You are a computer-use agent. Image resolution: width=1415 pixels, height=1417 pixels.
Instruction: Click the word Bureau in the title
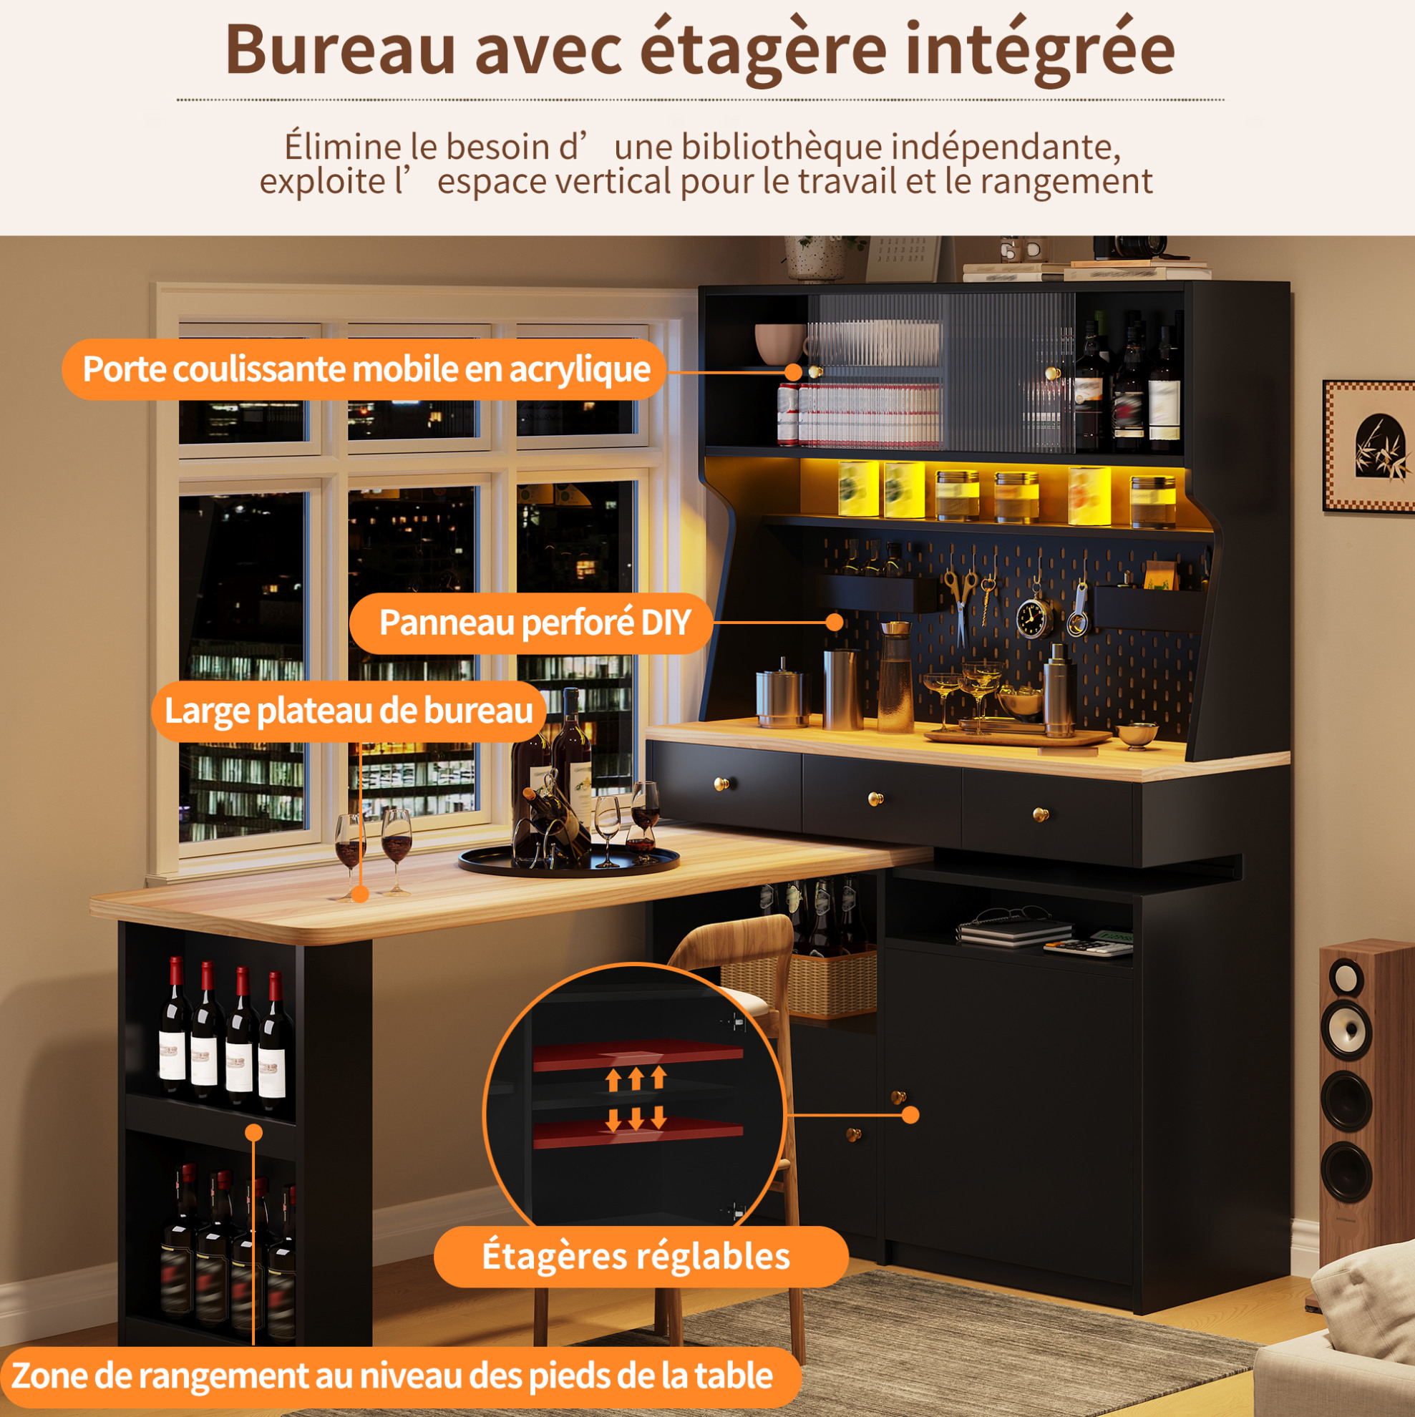pos(341,50)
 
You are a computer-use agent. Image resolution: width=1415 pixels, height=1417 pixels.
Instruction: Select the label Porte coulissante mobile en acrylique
pos(364,369)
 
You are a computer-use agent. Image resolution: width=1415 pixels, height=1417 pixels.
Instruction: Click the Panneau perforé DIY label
pos(533,623)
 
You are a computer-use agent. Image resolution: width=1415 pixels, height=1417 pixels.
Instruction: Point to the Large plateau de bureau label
pos(349,711)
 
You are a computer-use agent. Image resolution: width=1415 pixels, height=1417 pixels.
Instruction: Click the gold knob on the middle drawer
pos(875,799)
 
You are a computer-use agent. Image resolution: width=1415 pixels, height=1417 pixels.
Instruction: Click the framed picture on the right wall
pos(1368,445)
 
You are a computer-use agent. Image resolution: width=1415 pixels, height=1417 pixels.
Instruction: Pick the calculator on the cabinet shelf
pos(1088,948)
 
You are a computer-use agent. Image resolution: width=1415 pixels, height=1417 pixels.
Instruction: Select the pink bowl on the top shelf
pos(780,344)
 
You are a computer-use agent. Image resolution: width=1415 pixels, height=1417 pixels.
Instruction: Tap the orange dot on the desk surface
pos(359,894)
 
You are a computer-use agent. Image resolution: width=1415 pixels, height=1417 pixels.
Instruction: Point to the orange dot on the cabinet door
pos(910,1115)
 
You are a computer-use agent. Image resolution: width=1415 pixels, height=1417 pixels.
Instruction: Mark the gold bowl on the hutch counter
pos(1137,734)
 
